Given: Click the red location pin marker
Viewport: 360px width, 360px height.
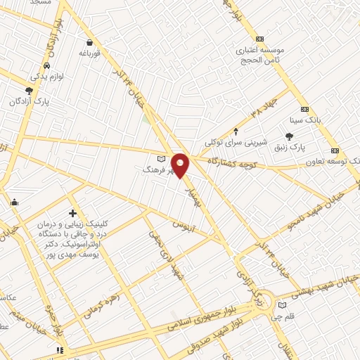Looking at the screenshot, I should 181,165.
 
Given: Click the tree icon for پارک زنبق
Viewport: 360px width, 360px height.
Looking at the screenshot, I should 289,137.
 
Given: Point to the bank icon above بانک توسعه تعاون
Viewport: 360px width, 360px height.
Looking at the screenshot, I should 335,150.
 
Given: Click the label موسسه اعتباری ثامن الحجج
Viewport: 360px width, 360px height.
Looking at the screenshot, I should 260,56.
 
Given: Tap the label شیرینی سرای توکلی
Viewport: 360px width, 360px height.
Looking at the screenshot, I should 236,142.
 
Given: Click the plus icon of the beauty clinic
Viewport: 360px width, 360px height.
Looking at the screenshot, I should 72,213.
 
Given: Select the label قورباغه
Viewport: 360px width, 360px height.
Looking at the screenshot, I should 91,53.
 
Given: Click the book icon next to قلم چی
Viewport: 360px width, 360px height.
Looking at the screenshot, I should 283,306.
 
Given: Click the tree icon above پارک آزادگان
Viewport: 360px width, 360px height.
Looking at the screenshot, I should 29,91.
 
